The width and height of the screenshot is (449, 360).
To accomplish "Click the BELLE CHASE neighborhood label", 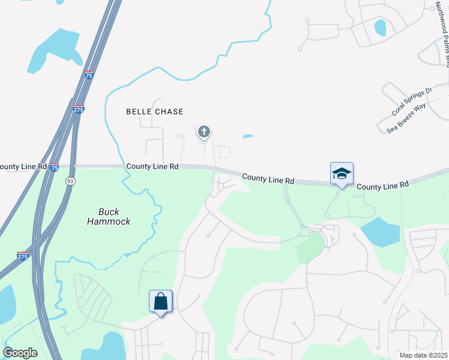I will tap(154, 112).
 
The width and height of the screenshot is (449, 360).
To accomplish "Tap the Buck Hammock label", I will tap(115, 216).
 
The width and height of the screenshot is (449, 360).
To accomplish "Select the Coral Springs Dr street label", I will tap(412, 102).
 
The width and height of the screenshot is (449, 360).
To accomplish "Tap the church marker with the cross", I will tap(204, 131).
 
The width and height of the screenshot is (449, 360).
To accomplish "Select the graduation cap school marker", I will tap(342, 173).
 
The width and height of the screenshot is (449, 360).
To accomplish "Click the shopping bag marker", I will tap(161, 301).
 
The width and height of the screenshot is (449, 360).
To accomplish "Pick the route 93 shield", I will tap(70, 181).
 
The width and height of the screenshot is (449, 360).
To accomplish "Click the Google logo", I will tap(20, 353).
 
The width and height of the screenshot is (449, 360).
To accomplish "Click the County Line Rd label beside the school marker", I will tap(382, 186).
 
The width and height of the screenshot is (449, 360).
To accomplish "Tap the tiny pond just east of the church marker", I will tap(248, 136).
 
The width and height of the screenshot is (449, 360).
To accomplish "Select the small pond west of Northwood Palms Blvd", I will tap(380, 28).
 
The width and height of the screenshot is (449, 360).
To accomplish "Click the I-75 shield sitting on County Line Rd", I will tap(54, 166).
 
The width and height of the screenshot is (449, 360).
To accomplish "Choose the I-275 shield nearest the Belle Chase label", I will tap(79, 109).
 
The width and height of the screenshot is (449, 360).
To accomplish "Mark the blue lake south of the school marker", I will tap(379, 232).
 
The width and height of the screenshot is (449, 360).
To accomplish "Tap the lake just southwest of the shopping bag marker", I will tap(111, 346).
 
